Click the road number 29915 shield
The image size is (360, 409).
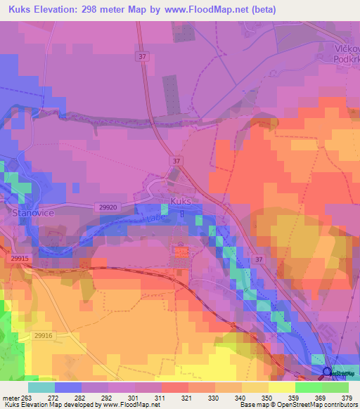tap(20, 258)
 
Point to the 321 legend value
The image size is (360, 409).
tap(186, 398)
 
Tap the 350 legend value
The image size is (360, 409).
tap(266, 398)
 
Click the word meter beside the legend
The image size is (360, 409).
tap(11, 398)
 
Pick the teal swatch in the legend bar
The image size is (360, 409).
tap(41, 387)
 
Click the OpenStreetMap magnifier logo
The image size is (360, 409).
tap(326, 372)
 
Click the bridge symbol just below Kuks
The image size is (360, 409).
tap(182, 212)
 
